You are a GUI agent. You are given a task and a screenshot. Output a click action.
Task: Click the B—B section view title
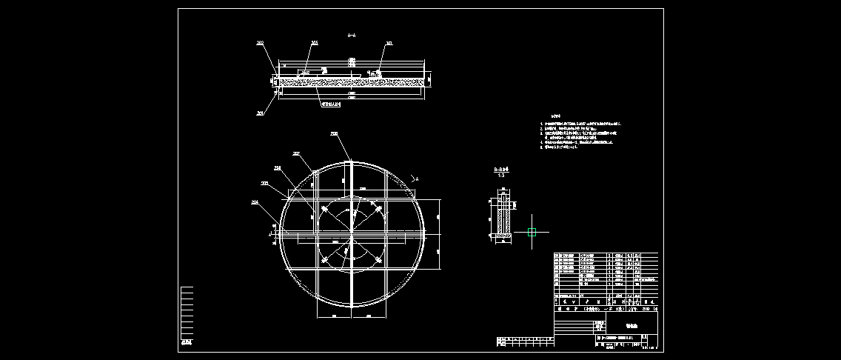click(x=500, y=169)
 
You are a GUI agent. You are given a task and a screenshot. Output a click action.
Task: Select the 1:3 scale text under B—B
click(x=500, y=175)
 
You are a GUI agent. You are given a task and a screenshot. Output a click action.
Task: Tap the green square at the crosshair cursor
click(x=532, y=232)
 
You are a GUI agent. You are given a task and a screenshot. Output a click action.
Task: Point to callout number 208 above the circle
click(x=334, y=134)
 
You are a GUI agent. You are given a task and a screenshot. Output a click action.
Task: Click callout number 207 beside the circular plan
click(x=296, y=154)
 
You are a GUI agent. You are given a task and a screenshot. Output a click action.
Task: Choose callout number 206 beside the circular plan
click(x=278, y=168)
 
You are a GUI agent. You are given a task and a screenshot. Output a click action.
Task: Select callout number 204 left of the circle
click(x=255, y=201)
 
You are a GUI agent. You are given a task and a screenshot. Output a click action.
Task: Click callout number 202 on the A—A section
click(x=260, y=44)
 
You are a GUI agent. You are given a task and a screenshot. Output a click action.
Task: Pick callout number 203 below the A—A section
click(x=260, y=113)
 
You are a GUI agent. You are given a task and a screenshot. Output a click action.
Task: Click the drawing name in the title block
click(x=631, y=324)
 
